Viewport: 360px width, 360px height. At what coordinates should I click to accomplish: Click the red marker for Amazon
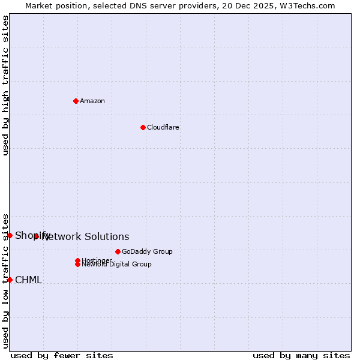pos(76,101)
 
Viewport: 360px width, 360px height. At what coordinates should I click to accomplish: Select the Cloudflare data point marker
pos(143,127)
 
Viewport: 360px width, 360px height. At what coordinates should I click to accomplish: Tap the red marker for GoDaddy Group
pos(118,251)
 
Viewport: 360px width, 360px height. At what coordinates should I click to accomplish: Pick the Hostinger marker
pos(77,260)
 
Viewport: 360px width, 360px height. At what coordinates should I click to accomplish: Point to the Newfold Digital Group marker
pos(77,264)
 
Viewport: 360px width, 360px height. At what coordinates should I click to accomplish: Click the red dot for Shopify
pos(10,235)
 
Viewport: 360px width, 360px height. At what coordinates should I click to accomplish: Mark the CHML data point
pos(10,280)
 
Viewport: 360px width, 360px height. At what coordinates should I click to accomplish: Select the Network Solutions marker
pos(36,236)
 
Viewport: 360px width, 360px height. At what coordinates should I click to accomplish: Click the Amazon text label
pos(92,101)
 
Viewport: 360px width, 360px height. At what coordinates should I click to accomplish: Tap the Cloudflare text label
pos(163,127)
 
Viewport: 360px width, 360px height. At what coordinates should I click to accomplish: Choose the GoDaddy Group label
pos(147,251)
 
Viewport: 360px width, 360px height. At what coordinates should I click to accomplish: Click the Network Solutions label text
pos(86,237)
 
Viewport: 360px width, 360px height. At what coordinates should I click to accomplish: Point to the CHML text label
pos(28,280)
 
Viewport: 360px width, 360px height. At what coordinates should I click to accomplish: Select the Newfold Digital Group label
pos(117,265)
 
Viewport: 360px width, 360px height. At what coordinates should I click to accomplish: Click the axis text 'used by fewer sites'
pos(62,355)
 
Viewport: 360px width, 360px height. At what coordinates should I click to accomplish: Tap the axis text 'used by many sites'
pos(301,355)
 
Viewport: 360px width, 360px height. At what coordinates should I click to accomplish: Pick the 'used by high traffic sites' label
pos(5,85)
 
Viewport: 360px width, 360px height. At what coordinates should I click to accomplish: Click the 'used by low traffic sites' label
pos(5,280)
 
